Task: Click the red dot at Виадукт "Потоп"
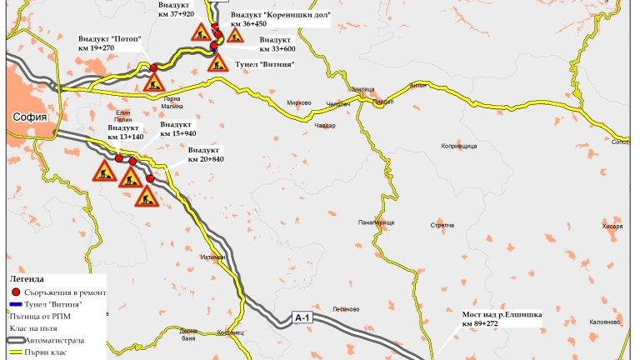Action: pyautogui.click(x=153, y=67)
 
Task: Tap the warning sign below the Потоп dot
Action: pyautogui.click(x=153, y=82)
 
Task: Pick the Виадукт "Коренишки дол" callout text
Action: pyautogui.click(x=280, y=20)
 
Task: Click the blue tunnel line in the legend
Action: pyautogui.click(x=16, y=305)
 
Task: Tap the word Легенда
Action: pyautogui.click(x=27, y=279)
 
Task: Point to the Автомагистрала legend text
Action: pyautogui.click(x=57, y=341)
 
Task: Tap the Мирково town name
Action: pyautogui.click(x=298, y=103)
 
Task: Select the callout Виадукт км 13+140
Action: pyautogui.click(x=126, y=132)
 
